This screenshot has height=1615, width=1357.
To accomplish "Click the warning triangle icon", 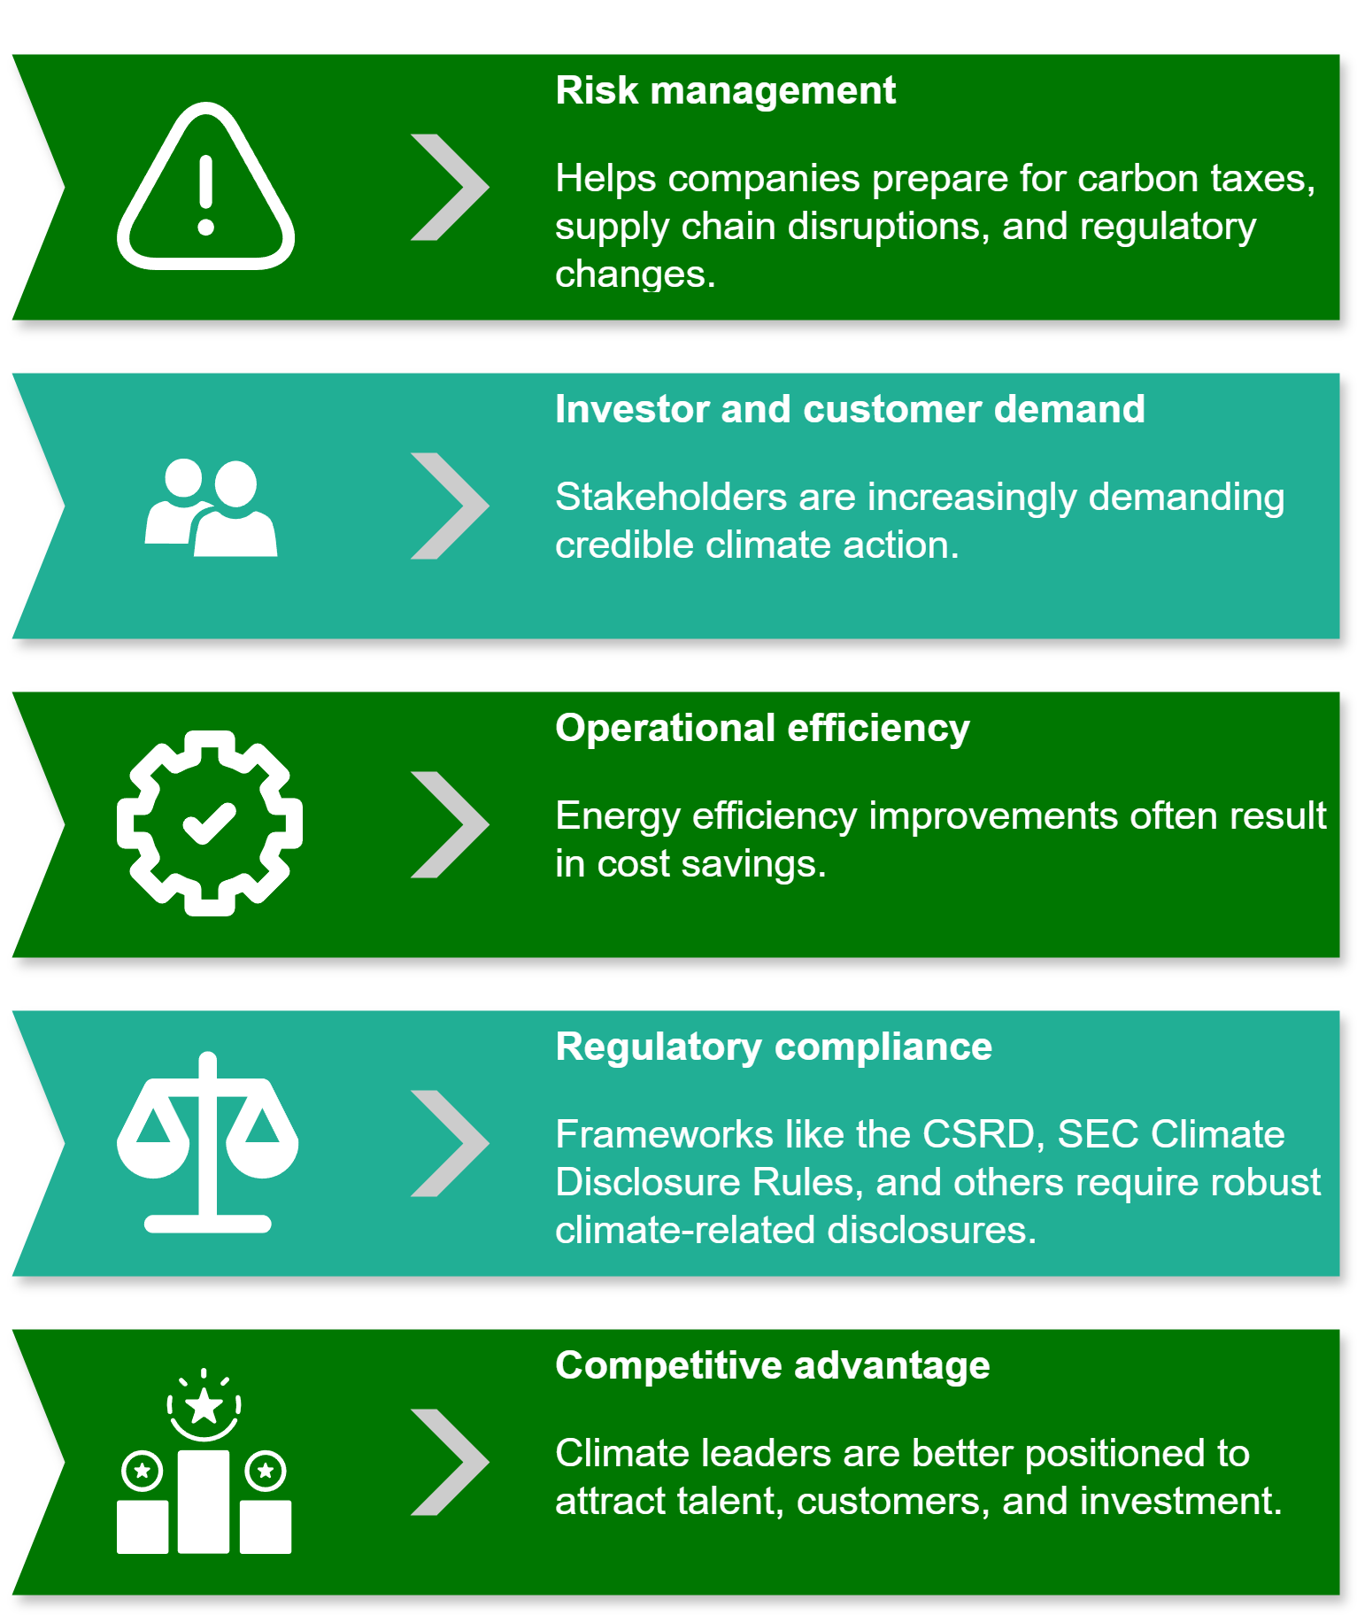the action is click(x=205, y=187).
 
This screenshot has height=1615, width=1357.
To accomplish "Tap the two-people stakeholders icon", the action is click(x=211, y=507).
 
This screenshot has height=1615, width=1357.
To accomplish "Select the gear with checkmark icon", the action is click(x=210, y=823).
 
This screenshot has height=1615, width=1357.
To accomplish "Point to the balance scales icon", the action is click(x=207, y=1142).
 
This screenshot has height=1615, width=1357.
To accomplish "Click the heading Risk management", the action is click(x=725, y=90).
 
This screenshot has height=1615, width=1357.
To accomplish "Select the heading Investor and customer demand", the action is click(x=849, y=409).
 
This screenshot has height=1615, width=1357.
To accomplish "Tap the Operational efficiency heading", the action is click(x=762, y=728).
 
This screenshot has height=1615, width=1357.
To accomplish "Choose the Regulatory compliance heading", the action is click(x=773, y=1047).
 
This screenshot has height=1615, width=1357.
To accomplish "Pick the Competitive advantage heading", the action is click(x=772, y=1365).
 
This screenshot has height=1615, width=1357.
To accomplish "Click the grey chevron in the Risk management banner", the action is click(x=450, y=187).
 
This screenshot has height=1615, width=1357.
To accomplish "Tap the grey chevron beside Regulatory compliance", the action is click(x=450, y=1143).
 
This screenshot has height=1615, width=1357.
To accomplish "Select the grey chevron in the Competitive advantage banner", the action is click(x=450, y=1462).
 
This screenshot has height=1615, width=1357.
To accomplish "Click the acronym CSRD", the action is click(x=977, y=1134).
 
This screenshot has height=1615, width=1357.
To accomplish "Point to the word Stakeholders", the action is click(x=670, y=497).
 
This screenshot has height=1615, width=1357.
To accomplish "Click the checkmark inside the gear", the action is click(x=209, y=823).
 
